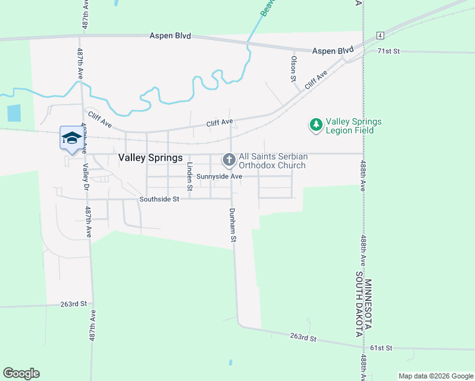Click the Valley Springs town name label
151,157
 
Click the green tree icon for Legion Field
316,125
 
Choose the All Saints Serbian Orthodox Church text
272,161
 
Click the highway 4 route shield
379,35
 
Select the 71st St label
388,51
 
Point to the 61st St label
382,348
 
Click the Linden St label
189,177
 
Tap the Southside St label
159,199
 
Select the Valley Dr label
85,177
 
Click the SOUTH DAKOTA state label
359,304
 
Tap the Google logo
21,373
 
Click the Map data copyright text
436,376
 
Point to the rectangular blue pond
13,113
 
